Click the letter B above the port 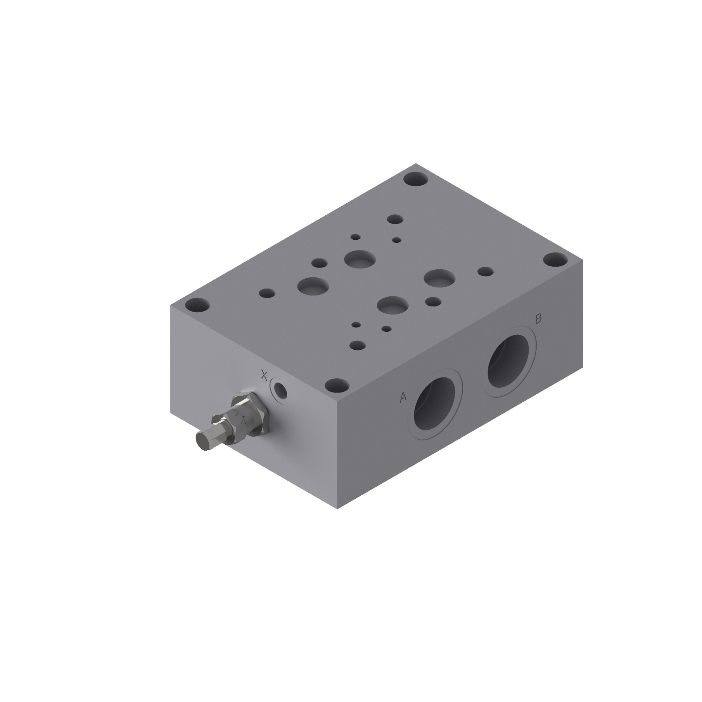click(538, 318)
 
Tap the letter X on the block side click(265, 376)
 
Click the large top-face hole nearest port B click(439, 279)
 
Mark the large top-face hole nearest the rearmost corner click(360, 258)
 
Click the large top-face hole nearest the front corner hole click(393, 305)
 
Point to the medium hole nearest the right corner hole click(485, 271)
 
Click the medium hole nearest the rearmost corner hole click(395, 220)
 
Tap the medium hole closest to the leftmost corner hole click(267, 293)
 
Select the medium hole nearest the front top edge click(357, 345)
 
